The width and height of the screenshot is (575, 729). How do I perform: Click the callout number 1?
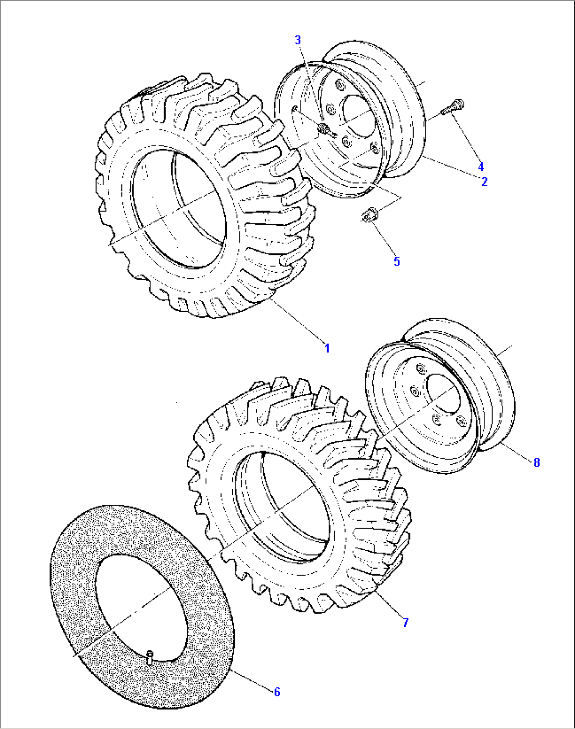pos(327,348)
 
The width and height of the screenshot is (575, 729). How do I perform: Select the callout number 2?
pos(484,181)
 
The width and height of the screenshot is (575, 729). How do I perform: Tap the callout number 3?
pos(298,40)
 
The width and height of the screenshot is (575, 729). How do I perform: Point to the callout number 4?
pos(481,167)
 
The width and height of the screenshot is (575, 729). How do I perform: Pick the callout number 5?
pos(397,261)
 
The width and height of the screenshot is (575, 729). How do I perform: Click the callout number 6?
pos(277,692)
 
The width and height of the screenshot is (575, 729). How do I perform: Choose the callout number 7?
pos(405,622)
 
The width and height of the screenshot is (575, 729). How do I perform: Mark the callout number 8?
pos(536,462)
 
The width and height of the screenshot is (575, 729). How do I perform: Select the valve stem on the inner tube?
pos(150,657)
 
